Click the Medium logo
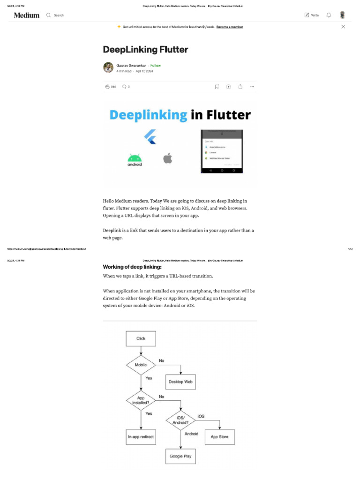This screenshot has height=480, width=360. (x=27, y=15)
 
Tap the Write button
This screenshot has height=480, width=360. (x=312, y=15)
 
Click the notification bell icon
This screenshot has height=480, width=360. (x=329, y=15)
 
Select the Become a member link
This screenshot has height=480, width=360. (x=230, y=27)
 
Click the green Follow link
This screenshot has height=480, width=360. (x=156, y=66)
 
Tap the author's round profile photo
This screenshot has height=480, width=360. (x=108, y=67)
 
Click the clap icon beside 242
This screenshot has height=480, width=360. (x=107, y=87)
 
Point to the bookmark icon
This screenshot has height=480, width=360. (x=217, y=87)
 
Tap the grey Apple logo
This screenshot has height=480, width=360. (x=168, y=158)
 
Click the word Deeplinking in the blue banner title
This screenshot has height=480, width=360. (x=148, y=115)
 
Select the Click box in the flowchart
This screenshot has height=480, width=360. (x=141, y=338)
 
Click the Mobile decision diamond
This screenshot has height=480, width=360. (x=141, y=365)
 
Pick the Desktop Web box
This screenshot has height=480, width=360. (x=180, y=382)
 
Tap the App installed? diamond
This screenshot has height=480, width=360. (x=141, y=400)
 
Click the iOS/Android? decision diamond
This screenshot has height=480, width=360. (x=180, y=420)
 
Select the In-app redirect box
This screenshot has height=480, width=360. (x=141, y=437)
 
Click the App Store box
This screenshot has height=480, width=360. (x=220, y=437)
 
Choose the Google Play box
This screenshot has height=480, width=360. (x=180, y=456)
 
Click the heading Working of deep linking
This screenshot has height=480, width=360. (x=132, y=267)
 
